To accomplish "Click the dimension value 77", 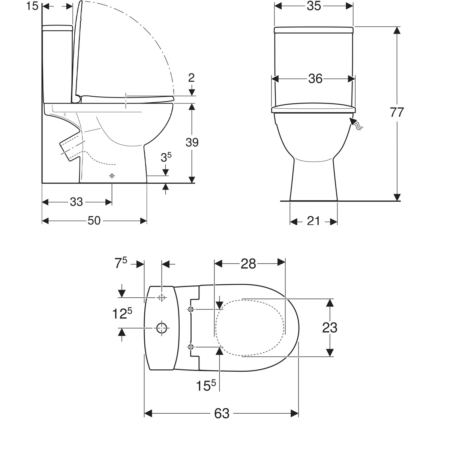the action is click(x=397, y=112).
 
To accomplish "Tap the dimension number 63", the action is click(x=222, y=414).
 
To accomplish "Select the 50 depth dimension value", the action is click(x=94, y=220).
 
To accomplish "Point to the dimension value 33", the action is click(x=76, y=202).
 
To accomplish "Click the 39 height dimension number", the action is click(x=192, y=142).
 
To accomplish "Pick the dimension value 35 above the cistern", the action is click(x=313, y=6).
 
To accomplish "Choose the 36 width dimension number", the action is click(x=315, y=79).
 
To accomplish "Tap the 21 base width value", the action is click(x=313, y=221).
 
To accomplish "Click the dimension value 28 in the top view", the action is click(x=249, y=264).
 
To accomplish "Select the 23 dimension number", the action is click(x=330, y=328).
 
